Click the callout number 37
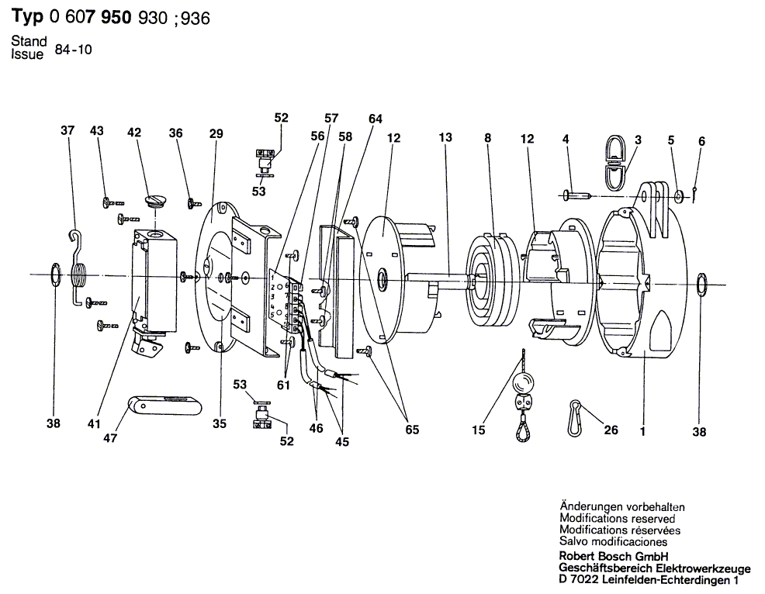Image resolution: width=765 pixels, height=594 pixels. tap(67, 130)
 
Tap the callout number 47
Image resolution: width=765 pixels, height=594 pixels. tap(110, 438)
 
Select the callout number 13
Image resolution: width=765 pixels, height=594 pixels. tap(445, 137)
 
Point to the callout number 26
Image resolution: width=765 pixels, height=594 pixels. tap(611, 430)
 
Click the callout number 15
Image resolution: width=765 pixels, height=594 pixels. tap(479, 430)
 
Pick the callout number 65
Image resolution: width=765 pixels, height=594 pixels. tap(412, 429)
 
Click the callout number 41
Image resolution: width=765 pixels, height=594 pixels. tap(94, 423)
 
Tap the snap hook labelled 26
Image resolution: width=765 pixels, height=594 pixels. tap(574, 418)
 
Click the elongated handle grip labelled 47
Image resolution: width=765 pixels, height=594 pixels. tap(165, 406)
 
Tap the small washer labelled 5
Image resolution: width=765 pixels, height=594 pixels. tap(679, 196)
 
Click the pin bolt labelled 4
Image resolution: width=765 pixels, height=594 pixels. tap(578, 196)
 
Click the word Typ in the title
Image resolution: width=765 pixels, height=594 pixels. tap(27, 16)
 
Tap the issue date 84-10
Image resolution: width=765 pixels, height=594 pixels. tap(73, 50)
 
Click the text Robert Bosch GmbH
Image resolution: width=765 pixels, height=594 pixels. tap(614, 557)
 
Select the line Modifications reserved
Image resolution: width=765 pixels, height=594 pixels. tap(617, 519)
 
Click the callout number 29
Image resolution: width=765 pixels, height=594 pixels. tap(216, 133)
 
